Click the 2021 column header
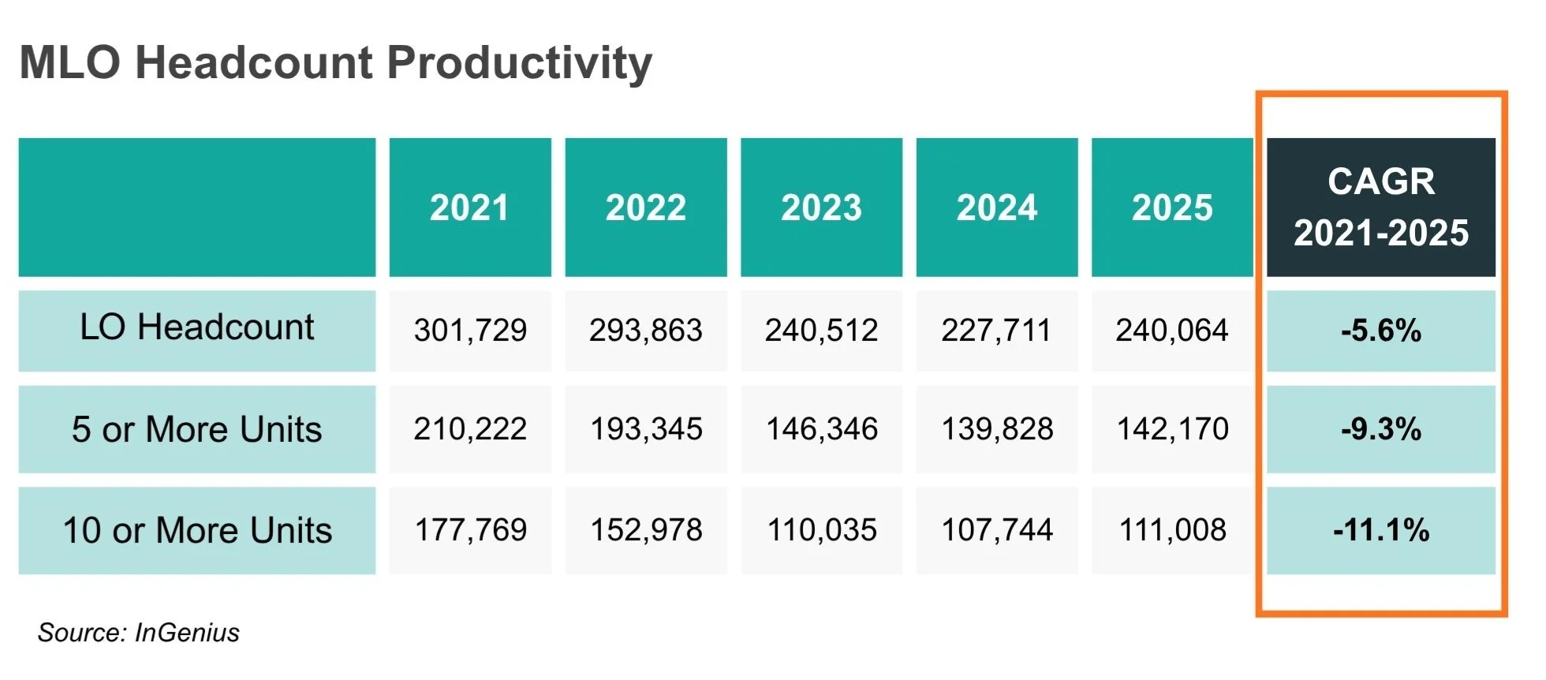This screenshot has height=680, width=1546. (x=470, y=207)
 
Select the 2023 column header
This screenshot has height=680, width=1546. (x=821, y=207)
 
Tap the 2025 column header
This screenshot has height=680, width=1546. (x=1172, y=207)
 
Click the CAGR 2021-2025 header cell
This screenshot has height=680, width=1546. (x=1381, y=207)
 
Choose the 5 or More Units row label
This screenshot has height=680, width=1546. (x=197, y=429)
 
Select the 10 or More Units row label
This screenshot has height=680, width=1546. (x=197, y=530)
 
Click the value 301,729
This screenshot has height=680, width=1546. (x=470, y=331)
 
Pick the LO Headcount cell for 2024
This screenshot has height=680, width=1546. (x=997, y=331)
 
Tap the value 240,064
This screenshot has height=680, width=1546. (x=1172, y=331)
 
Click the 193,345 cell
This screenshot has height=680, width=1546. (x=646, y=429)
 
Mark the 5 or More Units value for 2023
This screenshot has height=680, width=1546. (x=821, y=429)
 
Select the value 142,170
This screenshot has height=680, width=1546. (x=1172, y=429)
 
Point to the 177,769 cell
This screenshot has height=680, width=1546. (x=470, y=530)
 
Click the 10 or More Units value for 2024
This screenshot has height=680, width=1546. (x=997, y=530)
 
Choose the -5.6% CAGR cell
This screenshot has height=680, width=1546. (x=1381, y=331)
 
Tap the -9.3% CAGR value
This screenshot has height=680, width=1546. (x=1381, y=429)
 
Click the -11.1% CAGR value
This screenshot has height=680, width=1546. (x=1381, y=530)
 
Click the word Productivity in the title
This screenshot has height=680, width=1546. (x=519, y=64)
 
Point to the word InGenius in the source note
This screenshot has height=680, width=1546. (x=187, y=633)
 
